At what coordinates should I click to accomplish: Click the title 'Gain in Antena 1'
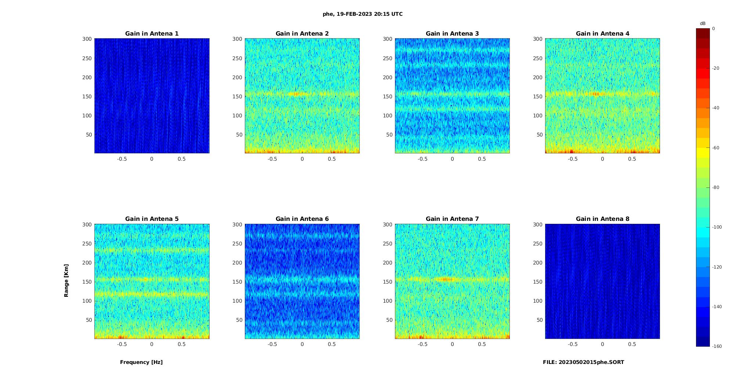pyautogui.click(x=152, y=34)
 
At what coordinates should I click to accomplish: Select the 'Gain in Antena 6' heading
pyautogui.click(x=302, y=219)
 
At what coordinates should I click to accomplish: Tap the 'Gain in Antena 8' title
pyautogui.click(x=602, y=219)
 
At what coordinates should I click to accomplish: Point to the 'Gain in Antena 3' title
pyautogui.click(x=452, y=34)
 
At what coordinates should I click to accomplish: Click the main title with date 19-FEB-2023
pyautogui.click(x=363, y=14)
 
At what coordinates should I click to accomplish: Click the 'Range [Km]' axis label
pyautogui.click(x=66, y=280)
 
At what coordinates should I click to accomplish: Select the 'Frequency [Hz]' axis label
pyautogui.click(x=141, y=362)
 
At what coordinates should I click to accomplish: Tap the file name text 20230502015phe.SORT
pyautogui.click(x=583, y=362)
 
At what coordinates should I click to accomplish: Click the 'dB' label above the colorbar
pyautogui.click(x=703, y=23)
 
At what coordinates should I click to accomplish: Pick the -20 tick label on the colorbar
pyautogui.click(x=715, y=68)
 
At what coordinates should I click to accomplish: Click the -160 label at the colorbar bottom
pyautogui.click(x=717, y=346)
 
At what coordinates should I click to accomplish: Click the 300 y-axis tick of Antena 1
pyautogui.click(x=87, y=39)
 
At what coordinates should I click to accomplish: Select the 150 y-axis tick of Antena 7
pyautogui.click(x=387, y=282)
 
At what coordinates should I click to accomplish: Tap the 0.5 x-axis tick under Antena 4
pyautogui.click(x=632, y=159)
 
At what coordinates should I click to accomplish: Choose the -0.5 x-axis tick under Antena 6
pyautogui.click(x=272, y=344)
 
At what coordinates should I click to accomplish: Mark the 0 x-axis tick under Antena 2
pyautogui.click(x=302, y=159)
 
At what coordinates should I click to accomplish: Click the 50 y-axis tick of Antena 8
pyautogui.click(x=540, y=320)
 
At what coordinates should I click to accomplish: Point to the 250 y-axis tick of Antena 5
pyautogui.click(x=87, y=244)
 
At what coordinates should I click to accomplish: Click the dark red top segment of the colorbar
pyautogui.click(x=703, y=33)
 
